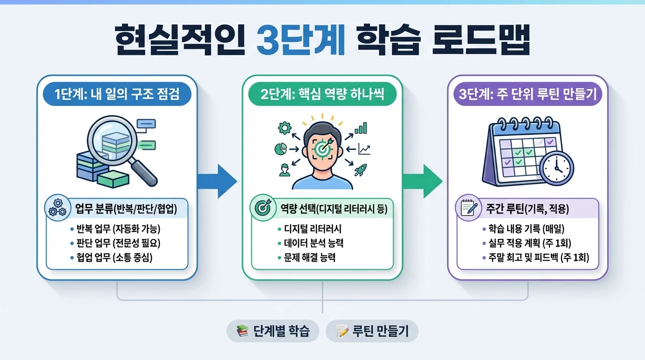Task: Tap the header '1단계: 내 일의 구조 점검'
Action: coord(117,95)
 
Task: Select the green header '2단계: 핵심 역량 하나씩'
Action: coord(322,95)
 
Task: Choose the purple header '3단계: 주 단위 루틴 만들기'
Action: coord(527,95)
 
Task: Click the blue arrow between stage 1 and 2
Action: coord(217,180)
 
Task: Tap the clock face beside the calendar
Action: coord(556,168)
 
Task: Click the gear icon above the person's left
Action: coord(284,127)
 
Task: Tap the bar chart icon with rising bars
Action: coord(360,127)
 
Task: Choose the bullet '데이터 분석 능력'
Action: coord(316,243)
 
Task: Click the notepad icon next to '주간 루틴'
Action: coord(468,208)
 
